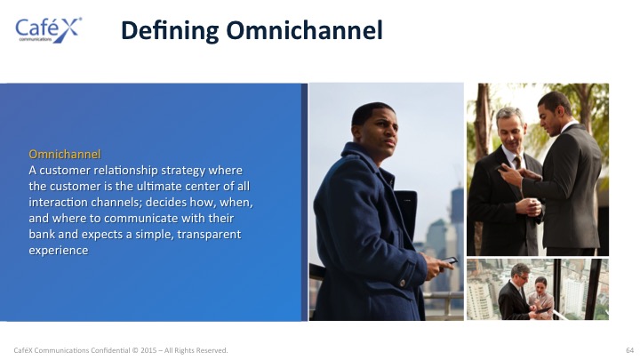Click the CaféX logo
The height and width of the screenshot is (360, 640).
(x=48, y=30)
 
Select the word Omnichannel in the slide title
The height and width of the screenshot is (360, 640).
(x=305, y=30)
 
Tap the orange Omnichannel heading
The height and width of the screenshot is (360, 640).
(x=65, y=154)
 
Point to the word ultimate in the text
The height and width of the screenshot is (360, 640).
(x=159, y=186)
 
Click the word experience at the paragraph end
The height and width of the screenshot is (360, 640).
(x=59, y=251)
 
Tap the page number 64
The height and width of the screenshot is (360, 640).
(x=630, y=350)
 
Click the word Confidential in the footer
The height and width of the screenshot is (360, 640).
(x=110, y=350)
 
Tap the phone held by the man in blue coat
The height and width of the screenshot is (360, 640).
(x=449, y=260)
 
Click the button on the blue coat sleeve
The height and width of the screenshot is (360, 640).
(x=403, y=283)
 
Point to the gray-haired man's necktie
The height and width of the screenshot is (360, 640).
(x=516, y=162)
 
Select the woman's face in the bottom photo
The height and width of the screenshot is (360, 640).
(x=540, y=284)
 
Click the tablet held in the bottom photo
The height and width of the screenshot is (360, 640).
(x=542, y=310)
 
